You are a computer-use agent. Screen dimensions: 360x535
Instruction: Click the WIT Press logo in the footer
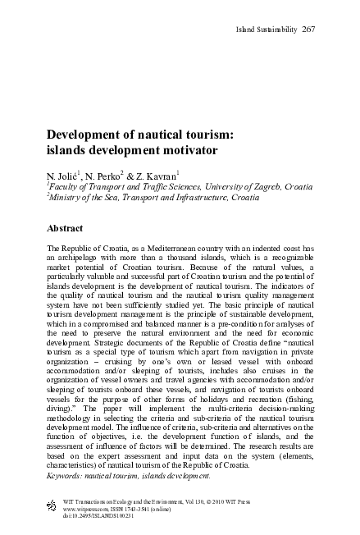[52, 503]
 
